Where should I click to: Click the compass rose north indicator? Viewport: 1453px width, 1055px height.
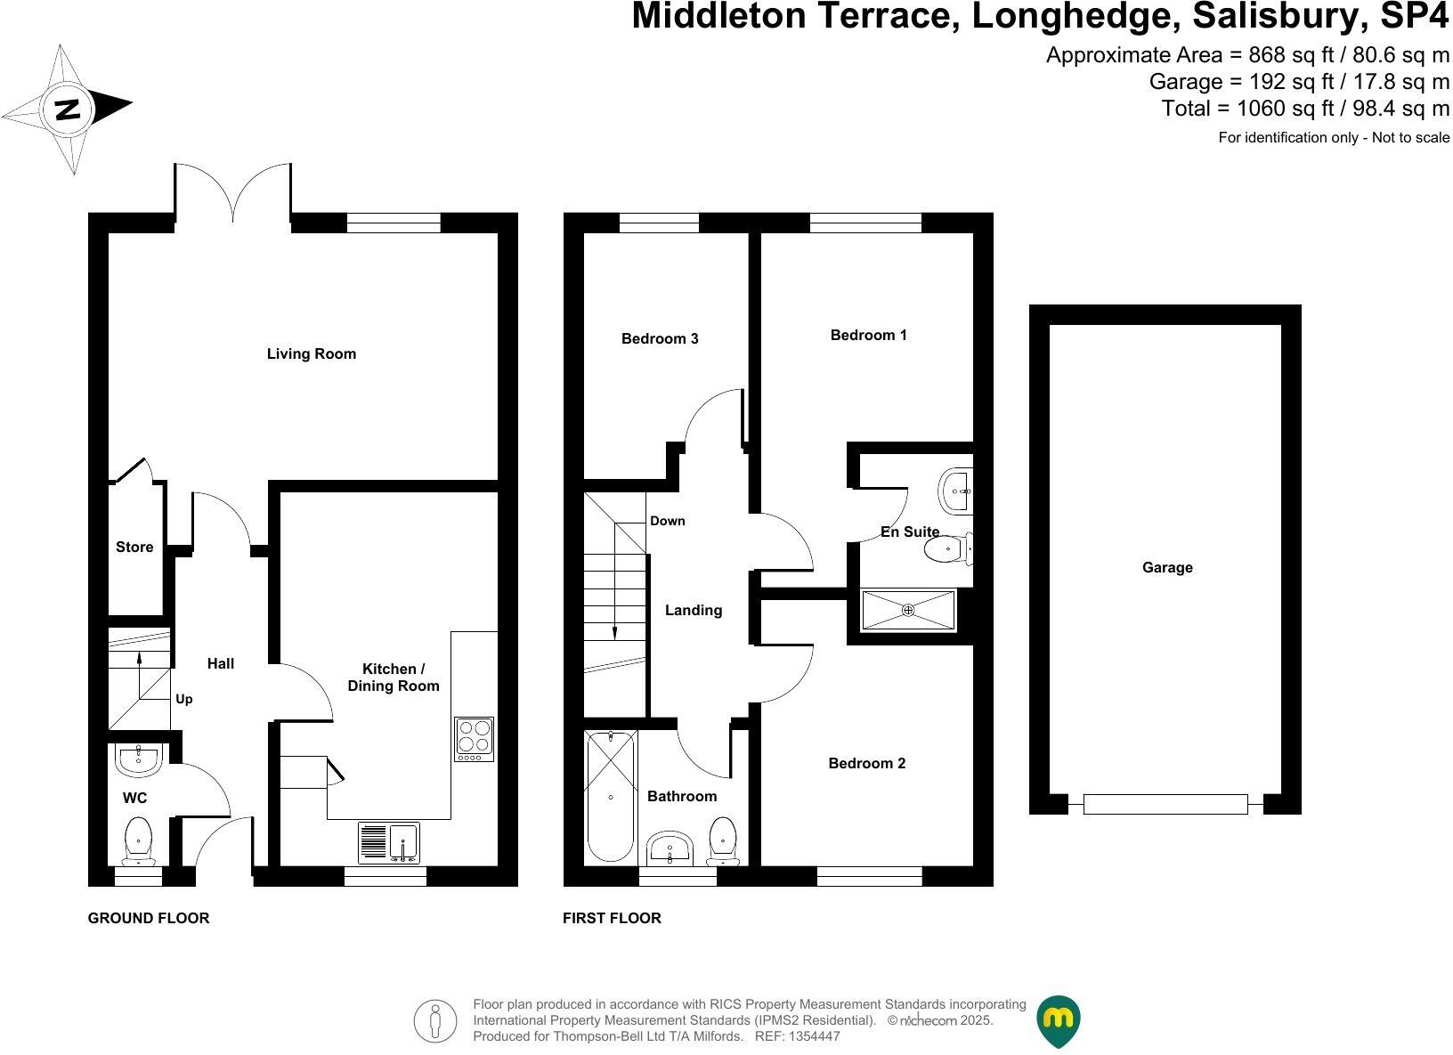click(67, 109)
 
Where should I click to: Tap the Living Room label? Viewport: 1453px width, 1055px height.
click(312, 354)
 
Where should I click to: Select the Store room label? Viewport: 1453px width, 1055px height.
click(134, 548)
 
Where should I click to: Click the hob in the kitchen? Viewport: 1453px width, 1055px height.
click(474, 738)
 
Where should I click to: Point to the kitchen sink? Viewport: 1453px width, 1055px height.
click(388, 842)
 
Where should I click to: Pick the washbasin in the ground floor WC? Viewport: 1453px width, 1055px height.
click(137, 760)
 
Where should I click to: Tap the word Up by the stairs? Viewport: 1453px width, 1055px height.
click(184, 700)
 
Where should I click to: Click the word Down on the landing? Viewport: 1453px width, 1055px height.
click(668, 522)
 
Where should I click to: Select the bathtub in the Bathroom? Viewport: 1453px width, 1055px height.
click(611, 795)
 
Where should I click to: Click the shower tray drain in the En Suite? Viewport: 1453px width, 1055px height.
click(908, 611)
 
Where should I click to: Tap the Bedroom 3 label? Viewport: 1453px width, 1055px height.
click(660, 339)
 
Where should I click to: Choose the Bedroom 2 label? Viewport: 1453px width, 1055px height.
click(866, 764)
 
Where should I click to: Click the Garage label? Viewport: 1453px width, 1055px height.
click(1167, 568)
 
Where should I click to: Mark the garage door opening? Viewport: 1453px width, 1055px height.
click(1165, 804)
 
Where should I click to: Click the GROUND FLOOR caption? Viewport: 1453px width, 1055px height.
click(149, 919)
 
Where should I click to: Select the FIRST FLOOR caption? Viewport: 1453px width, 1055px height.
click(612, 919)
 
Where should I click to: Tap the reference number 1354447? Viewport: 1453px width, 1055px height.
click(808, 1036)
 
